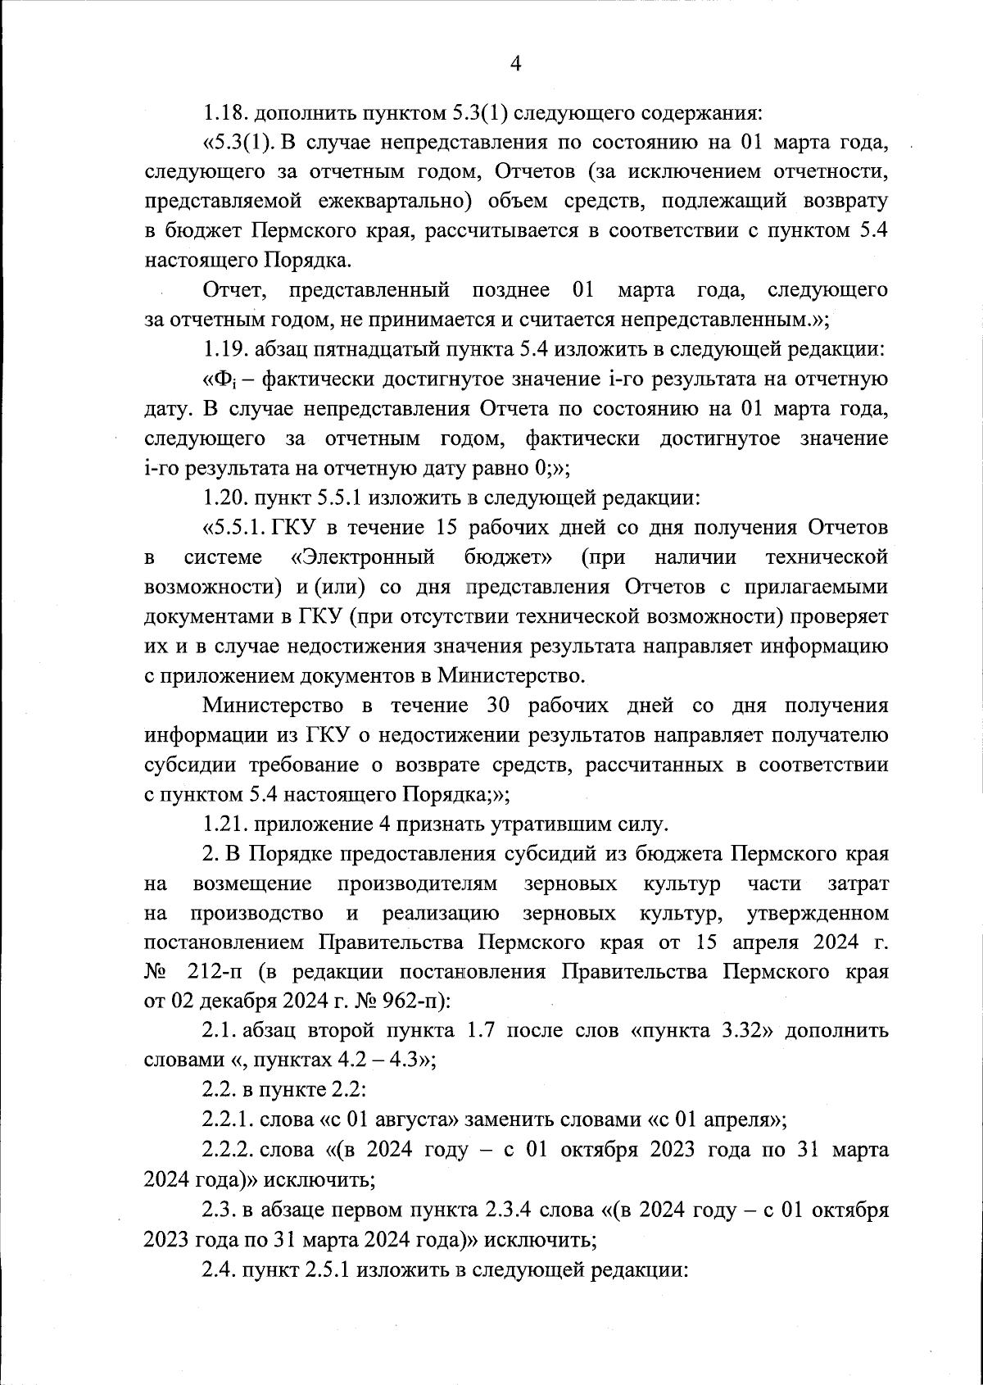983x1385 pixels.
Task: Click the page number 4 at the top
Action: tap(516, 64)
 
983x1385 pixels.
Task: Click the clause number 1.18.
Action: tap(227, 112)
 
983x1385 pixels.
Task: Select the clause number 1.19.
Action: tap(227, 350)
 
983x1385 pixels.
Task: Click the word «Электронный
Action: tap(363, 558)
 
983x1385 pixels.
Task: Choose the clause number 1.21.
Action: tap(228, 824)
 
